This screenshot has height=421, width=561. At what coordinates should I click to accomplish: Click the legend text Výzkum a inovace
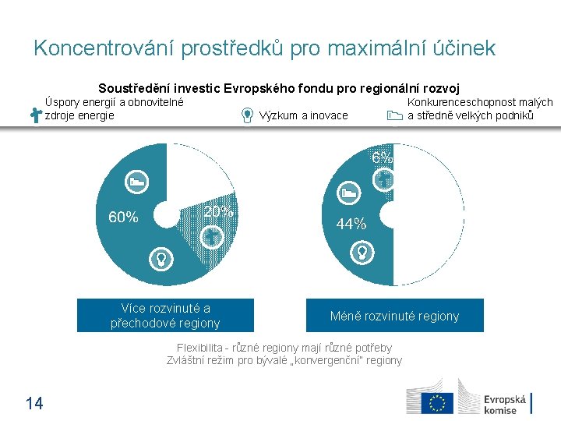click(304, 115)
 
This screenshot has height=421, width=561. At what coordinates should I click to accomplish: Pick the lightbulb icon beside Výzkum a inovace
click(247, 115)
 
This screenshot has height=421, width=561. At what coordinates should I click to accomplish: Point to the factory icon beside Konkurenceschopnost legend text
click(394, 115)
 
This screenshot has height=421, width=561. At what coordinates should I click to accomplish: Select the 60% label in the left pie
click(123, 218)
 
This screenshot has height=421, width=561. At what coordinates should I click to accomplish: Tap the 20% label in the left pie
click(218, 211)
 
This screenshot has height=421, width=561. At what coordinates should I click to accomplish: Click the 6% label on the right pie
click(382, 157)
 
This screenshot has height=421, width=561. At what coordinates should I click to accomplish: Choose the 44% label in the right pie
click(351, 224)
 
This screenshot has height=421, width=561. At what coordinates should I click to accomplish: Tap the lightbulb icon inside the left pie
click(161, 257)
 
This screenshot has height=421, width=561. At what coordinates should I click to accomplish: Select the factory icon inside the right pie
click(349, 192)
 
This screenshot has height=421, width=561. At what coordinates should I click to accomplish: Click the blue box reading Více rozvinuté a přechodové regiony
click(165, 316)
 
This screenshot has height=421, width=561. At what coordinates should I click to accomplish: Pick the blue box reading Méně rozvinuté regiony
click(394, 316)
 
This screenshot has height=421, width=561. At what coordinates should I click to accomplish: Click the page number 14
click(34, 403)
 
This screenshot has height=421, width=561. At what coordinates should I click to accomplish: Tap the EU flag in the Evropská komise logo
click(437, 402)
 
